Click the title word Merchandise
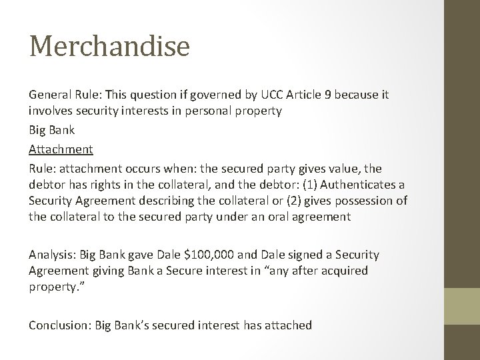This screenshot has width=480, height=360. (109, 47)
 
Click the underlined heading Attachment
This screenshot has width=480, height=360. (61, 149)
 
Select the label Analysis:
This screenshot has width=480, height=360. (53, 255)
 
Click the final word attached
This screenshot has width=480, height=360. (289, 325)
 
